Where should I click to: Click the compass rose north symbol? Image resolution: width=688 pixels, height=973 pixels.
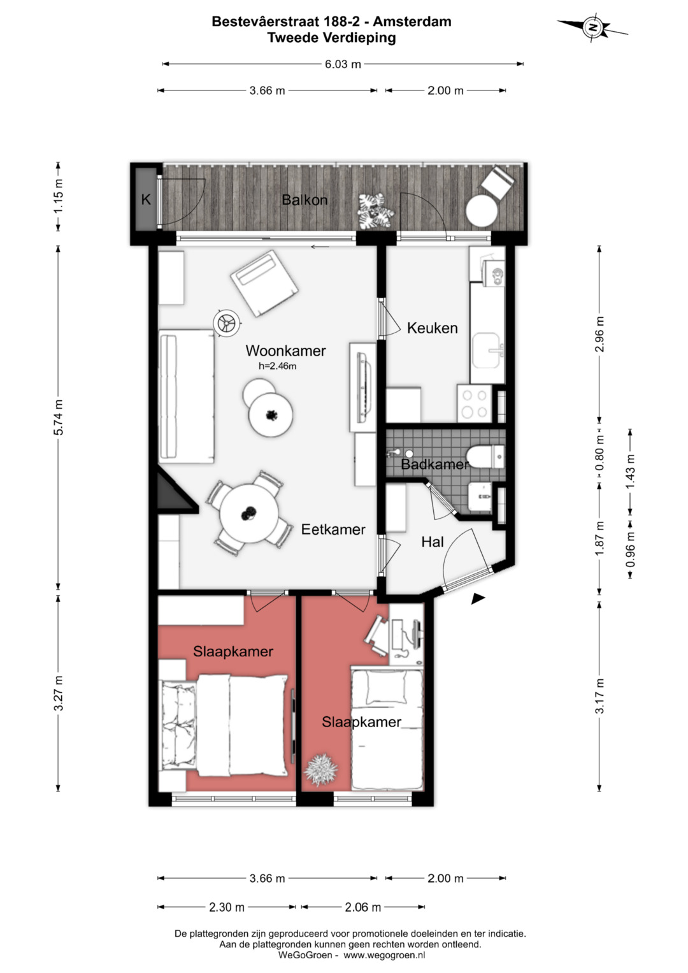click(x=592, y=27)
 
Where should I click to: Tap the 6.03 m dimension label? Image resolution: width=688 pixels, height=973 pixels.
click(x=343, y=64)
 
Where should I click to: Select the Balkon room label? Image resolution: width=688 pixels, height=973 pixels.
click(x=305, y=200)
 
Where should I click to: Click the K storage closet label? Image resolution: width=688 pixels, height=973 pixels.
click(x=146, y=199)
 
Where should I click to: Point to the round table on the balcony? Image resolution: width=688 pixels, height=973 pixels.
click(x=482, y=211)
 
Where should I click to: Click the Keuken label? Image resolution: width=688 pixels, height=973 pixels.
click(x=432, y=328)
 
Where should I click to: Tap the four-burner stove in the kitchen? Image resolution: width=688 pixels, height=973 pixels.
click(x=474, y=403)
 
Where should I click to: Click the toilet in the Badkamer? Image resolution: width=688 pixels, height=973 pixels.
click(x=485, y=456)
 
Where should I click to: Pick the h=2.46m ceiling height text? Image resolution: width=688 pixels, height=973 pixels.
click(x=278, y=366)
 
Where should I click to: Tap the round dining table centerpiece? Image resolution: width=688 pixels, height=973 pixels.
click(x=249, y=514)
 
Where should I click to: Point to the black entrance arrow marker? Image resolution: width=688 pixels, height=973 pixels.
click(x=478, y=599)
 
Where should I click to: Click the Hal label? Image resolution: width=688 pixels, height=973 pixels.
click(x=433, y=542)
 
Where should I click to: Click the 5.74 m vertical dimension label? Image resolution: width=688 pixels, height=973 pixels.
click(x=59, y=417)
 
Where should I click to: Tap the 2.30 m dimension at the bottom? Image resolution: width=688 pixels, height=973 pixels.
click(x=227, y=907)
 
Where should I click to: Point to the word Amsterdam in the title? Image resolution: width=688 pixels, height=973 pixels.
click(x=412, y=21)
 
